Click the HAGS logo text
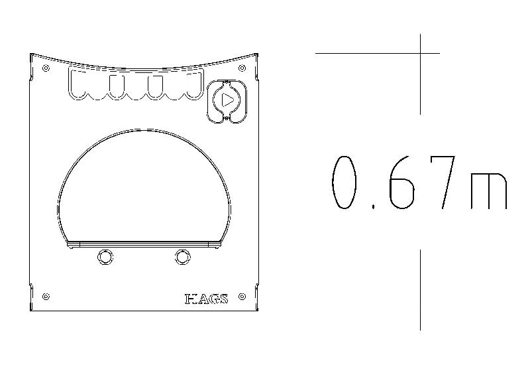pyautogui.click(x=207, y=299)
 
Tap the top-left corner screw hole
pyautogui.click(x=46, y=68)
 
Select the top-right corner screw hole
pyautogui.click(x=242, y=68)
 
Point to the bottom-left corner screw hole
pyautogui.click(x=46, y=297)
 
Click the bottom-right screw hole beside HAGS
pyautogui.click(x=242, y=297)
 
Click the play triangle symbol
pyautogui.click(x=227, y=100)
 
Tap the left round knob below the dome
pyautogui.click(x=105, y=257)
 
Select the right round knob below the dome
pyautogui.click(x=183, y=257)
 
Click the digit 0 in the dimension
pyautogui.click(x=344, y=183)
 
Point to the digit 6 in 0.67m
pyautogui.click(x=401, y=183)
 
